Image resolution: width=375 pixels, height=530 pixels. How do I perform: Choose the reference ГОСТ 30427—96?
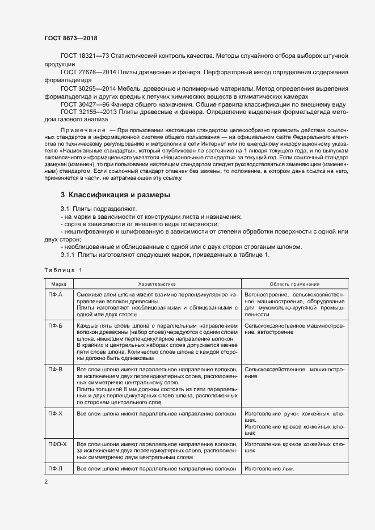tap(85, 105)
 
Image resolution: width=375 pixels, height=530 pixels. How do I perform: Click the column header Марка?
tap(59, 284)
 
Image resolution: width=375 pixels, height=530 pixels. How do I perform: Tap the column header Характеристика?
tap(157, 284)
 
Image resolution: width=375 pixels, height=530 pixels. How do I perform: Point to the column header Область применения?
tap(294, 284)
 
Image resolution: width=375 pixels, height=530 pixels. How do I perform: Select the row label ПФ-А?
tap(56, 295)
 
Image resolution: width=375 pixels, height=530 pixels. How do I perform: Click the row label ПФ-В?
tap(56, 369)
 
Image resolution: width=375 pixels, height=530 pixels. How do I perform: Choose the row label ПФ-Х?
tap(56, 414)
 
